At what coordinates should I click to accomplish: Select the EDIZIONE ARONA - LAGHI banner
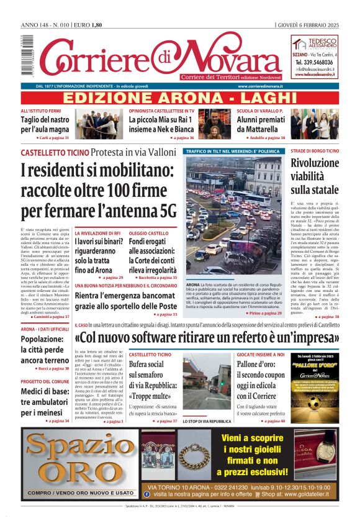(180, 99)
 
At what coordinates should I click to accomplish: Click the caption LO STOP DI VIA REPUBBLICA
(204, 421)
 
